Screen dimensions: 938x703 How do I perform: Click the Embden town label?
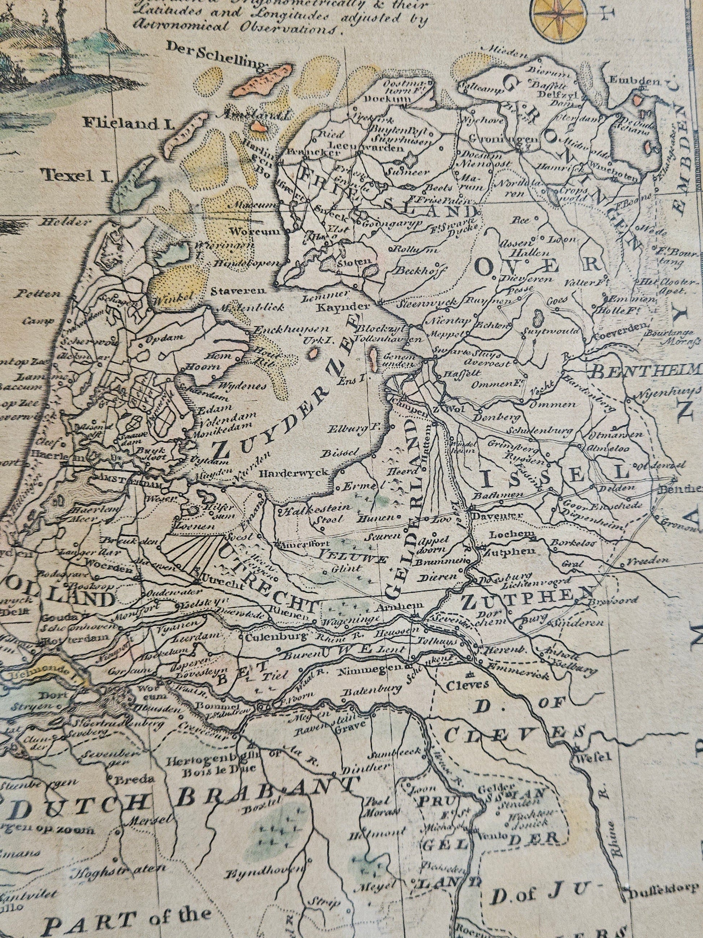tap(630, 80)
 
